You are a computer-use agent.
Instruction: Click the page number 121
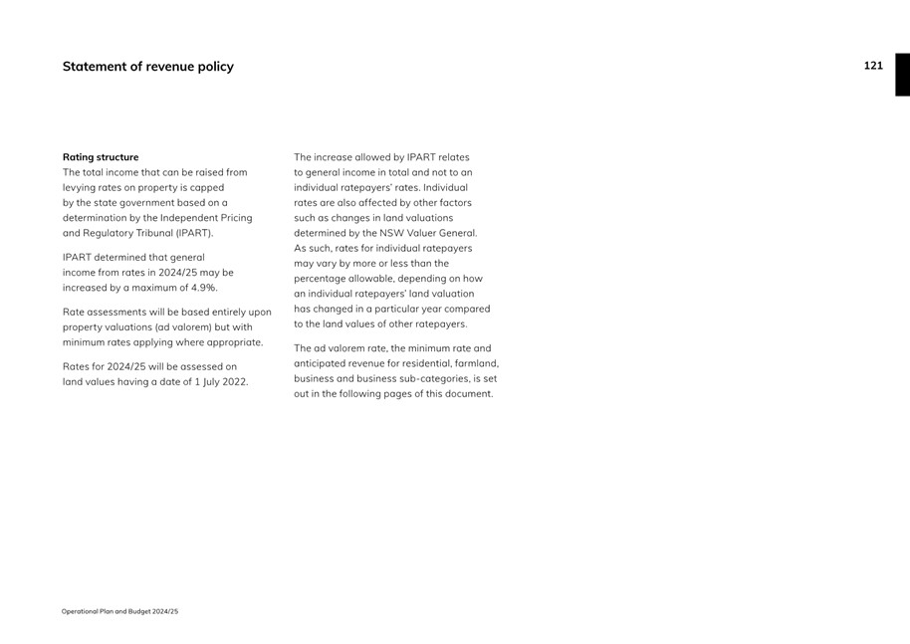(x=873, y=66)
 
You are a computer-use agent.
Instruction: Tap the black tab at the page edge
(x=901, y=75)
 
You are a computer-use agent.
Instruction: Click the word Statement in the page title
(x=95, y=67)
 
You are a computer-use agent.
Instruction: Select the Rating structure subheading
(x=101, y=157)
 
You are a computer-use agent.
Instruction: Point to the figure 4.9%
(x=202, y=288)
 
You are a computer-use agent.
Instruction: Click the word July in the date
(x=206, y=382)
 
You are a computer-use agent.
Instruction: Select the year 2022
(x=234, y=382)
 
